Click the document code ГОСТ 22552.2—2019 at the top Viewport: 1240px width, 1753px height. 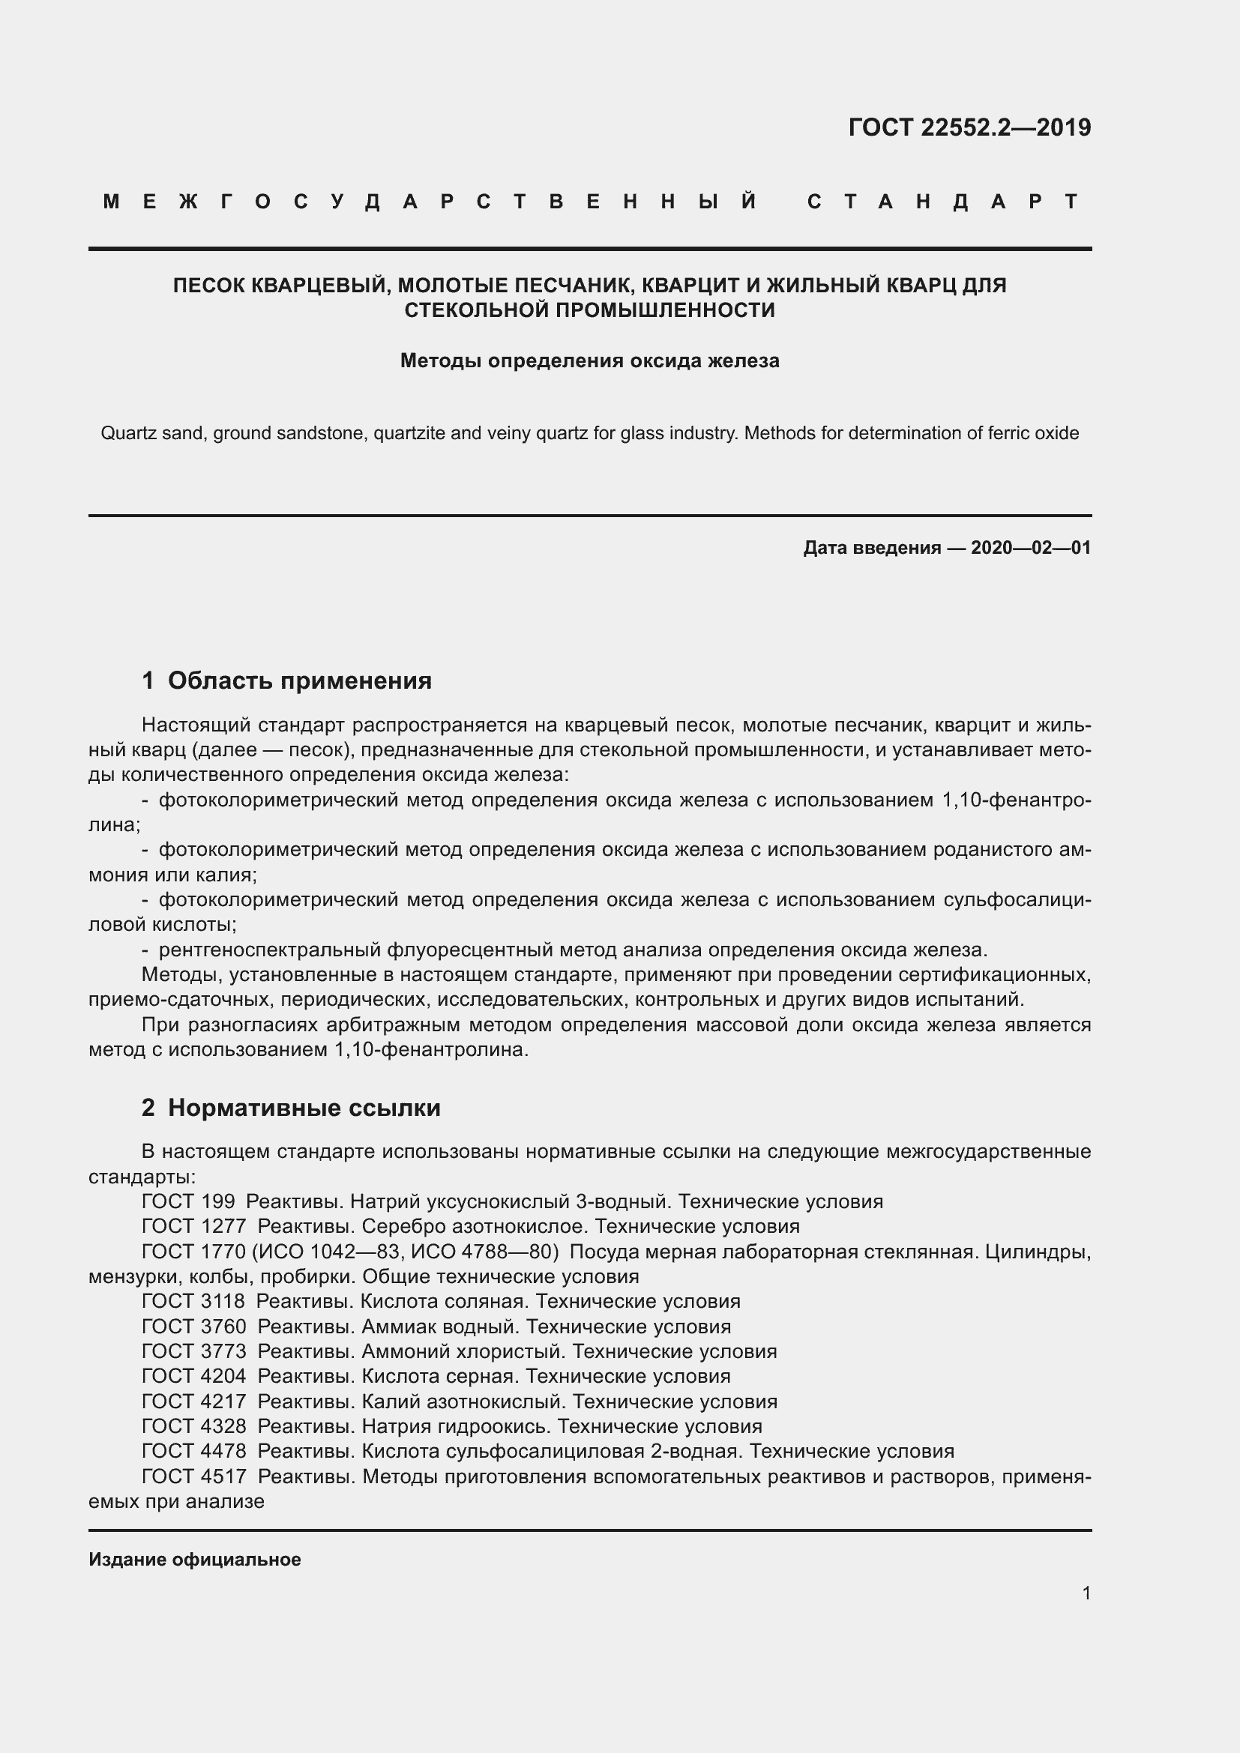[x=969, y=127]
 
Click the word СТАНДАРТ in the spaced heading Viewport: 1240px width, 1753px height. [x=944, y=202]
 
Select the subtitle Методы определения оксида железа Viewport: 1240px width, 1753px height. [x=589, y=360]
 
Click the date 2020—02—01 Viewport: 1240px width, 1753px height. [x=1031, y=547]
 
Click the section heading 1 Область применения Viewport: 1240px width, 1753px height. [x=287, y=681]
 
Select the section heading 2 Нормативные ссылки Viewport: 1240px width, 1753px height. [x=291, y=1107]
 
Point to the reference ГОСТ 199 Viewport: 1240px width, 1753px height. [x=188, y=1201]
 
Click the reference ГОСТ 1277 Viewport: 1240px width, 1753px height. [x=193, y=1227]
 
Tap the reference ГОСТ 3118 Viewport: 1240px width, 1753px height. [x=193, y=1302]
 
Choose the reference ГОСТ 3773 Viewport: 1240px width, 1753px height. [x=193, y=1351]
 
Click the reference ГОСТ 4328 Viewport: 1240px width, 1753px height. [x=193, y=1426]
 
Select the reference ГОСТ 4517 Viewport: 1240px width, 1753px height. [x=193, y=1476]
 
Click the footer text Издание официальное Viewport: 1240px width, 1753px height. [x=195, y=1560]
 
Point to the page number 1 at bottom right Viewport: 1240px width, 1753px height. [x=1086, y=1593]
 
